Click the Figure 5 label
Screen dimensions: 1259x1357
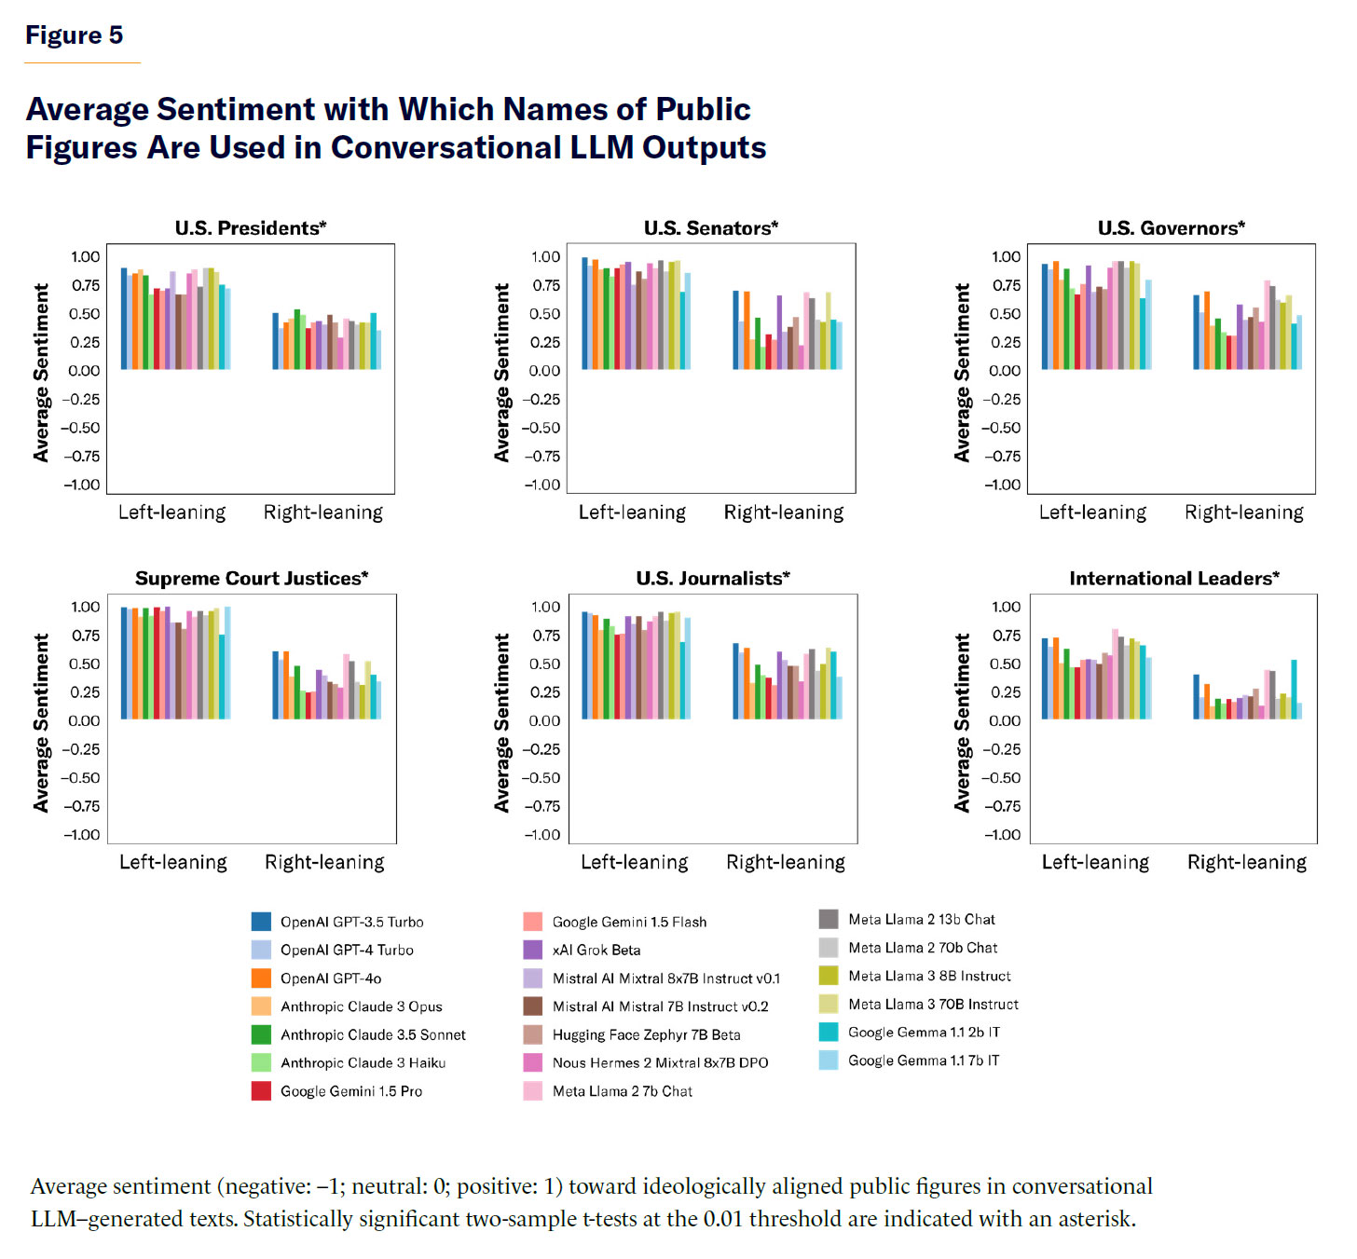pyautogui.click(x=74, y=35)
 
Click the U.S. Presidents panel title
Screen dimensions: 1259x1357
pyautogui.click(x=251, y=228)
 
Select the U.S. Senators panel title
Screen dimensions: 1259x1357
pyautogui.click(x=711, y=228)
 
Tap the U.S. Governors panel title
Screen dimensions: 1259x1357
pyautogui.click(x=1171, y=228)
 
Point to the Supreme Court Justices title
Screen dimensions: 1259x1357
pyautogui.click(x=252, y=579)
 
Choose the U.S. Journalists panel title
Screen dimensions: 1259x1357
pyautogui.click(x=713, y=579)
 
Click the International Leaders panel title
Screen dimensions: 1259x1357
pyautogui.click(x=1174, y=579)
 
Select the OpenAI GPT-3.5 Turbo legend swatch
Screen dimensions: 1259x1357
pyautogui.click(x=261, y=922)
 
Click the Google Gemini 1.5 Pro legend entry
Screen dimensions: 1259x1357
pyautogui.click(x=350, y=1091)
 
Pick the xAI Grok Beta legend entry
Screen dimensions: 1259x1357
pyautogui.click(x=596, y=951)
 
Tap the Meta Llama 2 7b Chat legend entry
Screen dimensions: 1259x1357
pyautogui.click(x=622, y=1091)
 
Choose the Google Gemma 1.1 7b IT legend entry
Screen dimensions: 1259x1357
pyautogui.click(x=923, y=1061)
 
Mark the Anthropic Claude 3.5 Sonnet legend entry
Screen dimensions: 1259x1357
pyautogui.click(x=372, y=1034)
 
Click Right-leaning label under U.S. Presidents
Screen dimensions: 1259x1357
pyautogui.click(x=322, y=513)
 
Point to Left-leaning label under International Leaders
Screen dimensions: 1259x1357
pyautogui.click(x=1095, y=863)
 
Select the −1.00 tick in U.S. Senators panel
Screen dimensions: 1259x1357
pyautogui.click(x=542, y=485)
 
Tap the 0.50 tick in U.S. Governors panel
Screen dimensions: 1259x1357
pyautogui.click(x=1005, y=314)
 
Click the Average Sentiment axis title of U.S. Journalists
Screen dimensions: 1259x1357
pyautogui.click(x=502, y=723)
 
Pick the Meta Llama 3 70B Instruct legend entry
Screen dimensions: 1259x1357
pyautogui.click(x=932, y=1005)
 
